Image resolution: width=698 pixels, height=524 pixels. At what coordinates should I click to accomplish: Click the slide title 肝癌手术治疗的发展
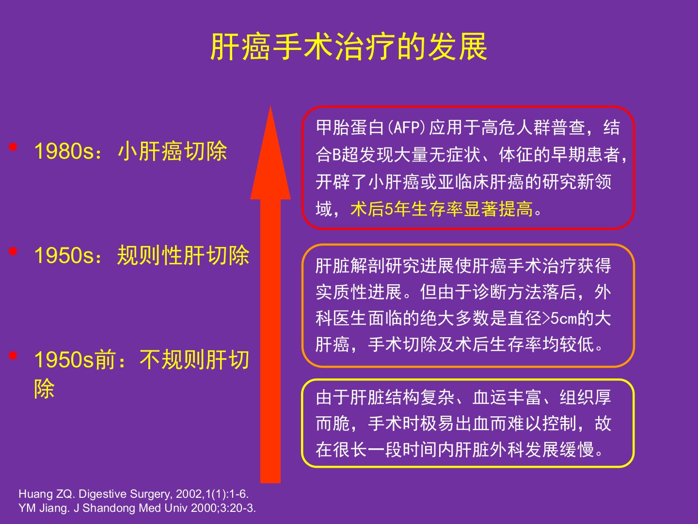349,47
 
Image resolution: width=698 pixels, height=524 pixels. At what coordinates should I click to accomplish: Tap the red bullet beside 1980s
13,147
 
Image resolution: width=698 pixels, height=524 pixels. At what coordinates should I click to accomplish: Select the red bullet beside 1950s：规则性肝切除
13,251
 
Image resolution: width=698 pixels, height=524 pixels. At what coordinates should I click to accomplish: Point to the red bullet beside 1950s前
13,355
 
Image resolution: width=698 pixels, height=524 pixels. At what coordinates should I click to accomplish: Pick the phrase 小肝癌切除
173,151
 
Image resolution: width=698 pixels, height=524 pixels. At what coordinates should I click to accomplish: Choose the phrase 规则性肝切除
183,255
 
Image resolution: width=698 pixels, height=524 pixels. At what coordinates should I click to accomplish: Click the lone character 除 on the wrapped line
44,389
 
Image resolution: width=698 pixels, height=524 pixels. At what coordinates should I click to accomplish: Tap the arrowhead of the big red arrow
270,153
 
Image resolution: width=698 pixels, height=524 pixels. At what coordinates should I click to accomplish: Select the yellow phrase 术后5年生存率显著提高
442,209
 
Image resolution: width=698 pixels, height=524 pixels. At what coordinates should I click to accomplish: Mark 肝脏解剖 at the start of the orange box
350,265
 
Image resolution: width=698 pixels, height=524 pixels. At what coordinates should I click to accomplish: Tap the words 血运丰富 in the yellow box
507,398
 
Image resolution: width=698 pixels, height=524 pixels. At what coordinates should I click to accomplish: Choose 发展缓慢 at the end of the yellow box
560,450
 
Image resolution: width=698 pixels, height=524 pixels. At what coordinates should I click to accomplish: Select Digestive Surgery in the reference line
126,494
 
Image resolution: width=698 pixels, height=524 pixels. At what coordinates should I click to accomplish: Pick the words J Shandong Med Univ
130,508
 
